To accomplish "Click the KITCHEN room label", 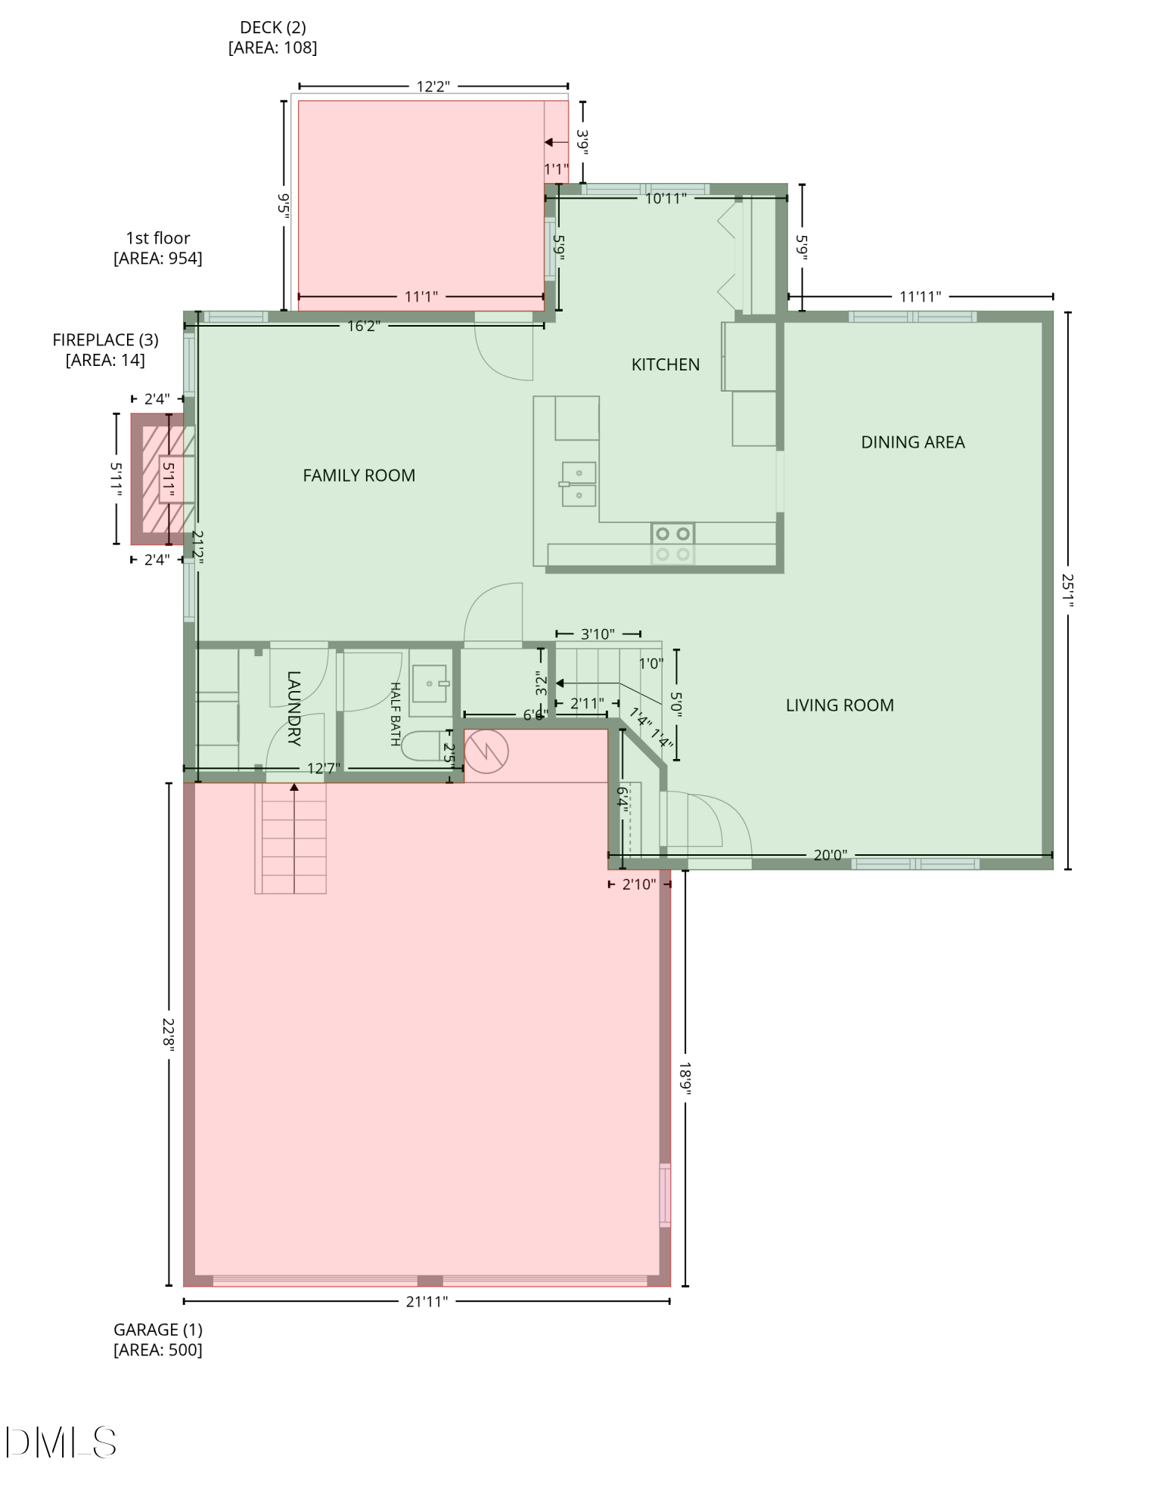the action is (x=665, y=364).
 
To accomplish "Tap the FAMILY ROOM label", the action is (x=359, y=476).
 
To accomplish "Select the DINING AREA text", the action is (x=912, y=442).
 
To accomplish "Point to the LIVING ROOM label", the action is (x=840, y=705).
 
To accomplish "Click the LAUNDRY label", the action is (x=294, y=708).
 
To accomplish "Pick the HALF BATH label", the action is (x=395, y=714).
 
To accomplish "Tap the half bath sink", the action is (x=430, y=683).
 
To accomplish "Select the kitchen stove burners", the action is (x=672, y=544).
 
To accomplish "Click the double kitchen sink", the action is (x=579, y=484).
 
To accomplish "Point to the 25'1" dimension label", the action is (x=1067, y=590).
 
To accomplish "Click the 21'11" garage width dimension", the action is (x=427, y=1301).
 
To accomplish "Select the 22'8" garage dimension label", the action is (x=168, y=1033).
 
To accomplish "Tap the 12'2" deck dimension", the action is (x=433, y=86).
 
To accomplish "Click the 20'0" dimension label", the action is (x=830, y=855).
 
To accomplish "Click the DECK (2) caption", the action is (x=272, y=37).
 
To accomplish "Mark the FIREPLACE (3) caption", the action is (x=105, y=350).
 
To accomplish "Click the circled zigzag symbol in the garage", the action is (x=486, y=751).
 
